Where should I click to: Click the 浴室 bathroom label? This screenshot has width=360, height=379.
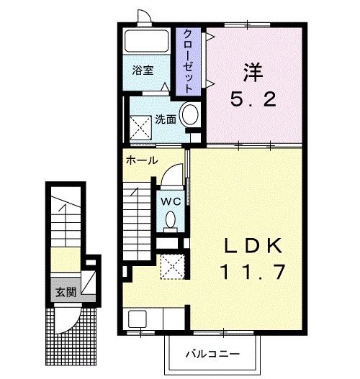[143, 70]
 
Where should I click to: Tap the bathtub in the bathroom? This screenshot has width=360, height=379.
[147, 41]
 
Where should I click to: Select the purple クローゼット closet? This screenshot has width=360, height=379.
[188, 61]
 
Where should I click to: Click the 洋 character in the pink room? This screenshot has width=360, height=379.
[253, 72]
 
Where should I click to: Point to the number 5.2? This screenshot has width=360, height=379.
[253, 99]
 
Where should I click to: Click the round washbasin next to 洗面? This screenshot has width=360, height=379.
[190, 114]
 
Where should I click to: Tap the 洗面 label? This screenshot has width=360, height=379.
[166, 119]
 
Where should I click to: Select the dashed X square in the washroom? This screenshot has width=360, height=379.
[140, 127]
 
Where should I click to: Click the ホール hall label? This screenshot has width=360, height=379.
[142, 160]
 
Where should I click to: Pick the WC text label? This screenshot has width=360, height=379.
[171, 201]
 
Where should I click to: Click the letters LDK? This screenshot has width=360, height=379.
[253, 245]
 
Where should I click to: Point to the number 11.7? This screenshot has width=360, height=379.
[253, 272]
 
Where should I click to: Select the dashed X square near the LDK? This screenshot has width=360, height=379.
[173, 267]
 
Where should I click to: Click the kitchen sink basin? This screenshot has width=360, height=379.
[138, 319]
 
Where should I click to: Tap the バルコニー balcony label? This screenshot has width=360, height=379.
[212, 354]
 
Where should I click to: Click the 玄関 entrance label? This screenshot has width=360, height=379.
[66, 292]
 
